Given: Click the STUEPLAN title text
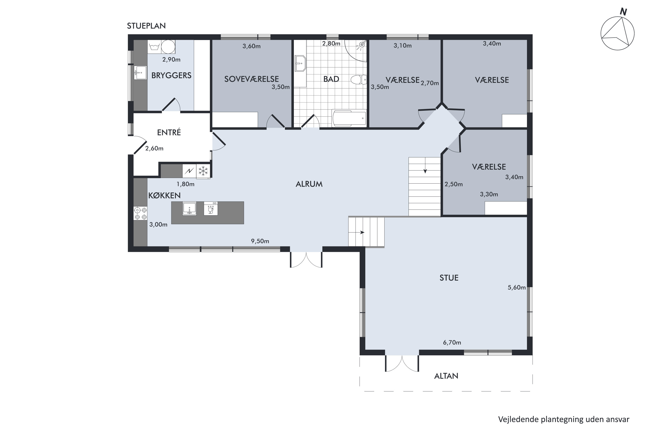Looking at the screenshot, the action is click(146, 26).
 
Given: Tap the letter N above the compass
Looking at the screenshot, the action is click(623, 12).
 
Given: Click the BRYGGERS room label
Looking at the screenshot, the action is click(171, 75).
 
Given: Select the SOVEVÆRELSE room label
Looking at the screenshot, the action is click(252, 79).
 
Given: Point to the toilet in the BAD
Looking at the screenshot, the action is click(359, 80).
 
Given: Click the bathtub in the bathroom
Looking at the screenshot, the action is click(349, 118).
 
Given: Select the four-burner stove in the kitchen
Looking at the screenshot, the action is click(140, 213).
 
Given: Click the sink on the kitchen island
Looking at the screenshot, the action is click(189, 208).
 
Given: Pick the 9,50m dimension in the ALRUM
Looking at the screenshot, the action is click(260, 241).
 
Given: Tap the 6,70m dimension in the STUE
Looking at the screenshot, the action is click(452, 343).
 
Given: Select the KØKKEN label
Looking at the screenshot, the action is click(164, 195).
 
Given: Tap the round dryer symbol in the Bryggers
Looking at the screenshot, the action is click(168, 47).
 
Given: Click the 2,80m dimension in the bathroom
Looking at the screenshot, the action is click(331, 43).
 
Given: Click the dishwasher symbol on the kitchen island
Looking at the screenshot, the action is click(211, 209).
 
